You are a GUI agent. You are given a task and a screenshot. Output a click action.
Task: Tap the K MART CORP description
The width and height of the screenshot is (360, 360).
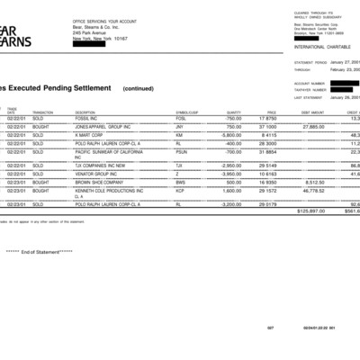point(89,135)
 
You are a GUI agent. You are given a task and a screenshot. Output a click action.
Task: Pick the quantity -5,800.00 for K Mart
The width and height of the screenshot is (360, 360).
point(230,135)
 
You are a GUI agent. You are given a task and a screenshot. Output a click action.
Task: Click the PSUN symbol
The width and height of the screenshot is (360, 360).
point(182,151)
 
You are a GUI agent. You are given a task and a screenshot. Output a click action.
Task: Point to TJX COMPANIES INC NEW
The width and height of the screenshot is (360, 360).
point(102,166)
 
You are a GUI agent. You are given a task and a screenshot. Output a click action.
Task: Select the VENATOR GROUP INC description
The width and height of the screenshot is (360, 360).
point(96,174)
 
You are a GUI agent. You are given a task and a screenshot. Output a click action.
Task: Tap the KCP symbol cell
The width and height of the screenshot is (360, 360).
point(180,191)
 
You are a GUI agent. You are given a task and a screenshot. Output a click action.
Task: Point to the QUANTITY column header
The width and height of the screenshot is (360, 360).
point(233,112)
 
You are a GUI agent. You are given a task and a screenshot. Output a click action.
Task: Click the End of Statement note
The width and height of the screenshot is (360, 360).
point(40,251)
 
